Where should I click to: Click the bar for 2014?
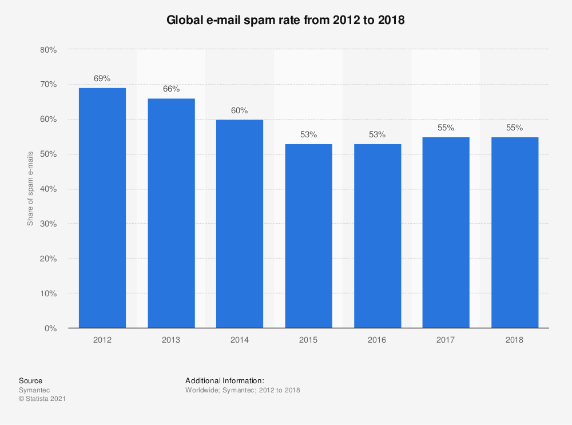(x=240, y=224)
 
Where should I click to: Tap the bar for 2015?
(x=308, y=236)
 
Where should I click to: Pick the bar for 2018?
(x=514, y=232)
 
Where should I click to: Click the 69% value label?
(x=102, y=78)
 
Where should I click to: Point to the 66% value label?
(x=171, y=89)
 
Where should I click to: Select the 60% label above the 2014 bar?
(x=240, y=110)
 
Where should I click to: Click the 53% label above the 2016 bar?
(x=377, y=134)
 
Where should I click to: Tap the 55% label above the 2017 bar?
(x=446, y=128)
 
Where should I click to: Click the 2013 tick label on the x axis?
(x=171, y=340)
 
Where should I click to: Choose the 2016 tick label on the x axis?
(x=377, y=340)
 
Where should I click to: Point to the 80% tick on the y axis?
(x=49, y=50)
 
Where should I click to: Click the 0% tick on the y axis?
(x=51, y=328)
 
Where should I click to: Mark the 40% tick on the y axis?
(x=49, y=189)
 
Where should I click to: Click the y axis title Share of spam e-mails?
(x=30, y=189)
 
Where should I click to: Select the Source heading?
(x=30, y=380)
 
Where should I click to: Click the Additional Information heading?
(x=224, y=380)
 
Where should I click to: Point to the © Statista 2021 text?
(x=42, y=399)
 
